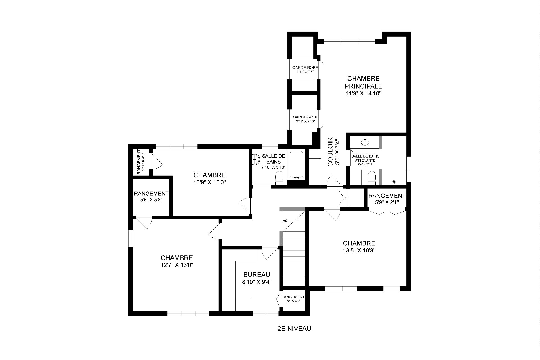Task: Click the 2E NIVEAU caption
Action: (x=294, y=328)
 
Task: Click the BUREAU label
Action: (x=256, y=275)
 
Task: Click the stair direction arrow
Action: (x=287, y=221)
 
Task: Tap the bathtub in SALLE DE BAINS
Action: (x=296, y=165)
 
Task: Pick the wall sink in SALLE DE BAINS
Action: (x=256, y=160)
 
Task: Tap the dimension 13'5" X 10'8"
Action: (x=359, y=251)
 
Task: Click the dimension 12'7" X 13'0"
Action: (x=177, y=265)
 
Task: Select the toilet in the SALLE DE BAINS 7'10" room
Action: (x=279, y=178)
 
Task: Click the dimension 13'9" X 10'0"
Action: (x=210, y=182)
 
